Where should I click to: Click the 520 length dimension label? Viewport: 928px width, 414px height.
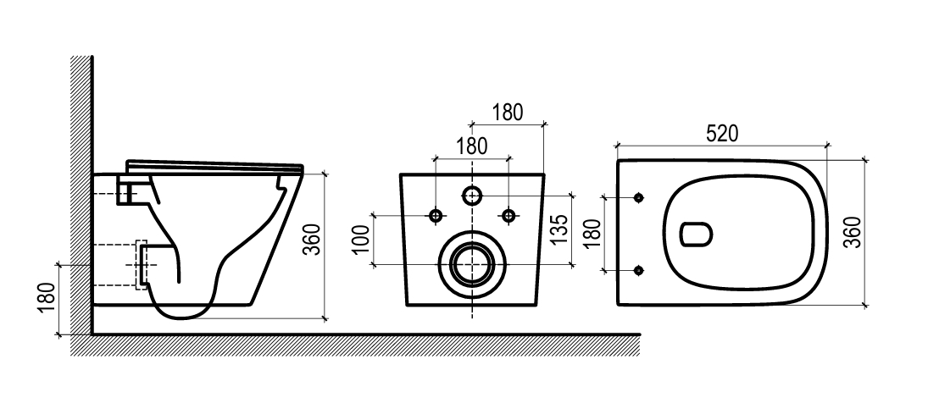(722, 134)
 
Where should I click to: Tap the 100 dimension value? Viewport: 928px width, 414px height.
(364, 239)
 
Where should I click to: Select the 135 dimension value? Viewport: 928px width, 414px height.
(560, 229)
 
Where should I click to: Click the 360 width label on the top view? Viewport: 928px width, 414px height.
(853, 233)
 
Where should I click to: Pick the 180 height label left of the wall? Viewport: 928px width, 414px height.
(47, 298)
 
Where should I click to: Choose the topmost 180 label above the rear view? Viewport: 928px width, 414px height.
(507, 112)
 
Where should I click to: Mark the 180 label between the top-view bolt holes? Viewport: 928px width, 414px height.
(592, 233)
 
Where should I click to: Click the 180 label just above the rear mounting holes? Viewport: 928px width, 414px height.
(472, 146)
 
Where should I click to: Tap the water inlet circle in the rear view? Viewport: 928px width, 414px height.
(472, 195)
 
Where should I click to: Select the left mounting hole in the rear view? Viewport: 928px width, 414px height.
(436, 216)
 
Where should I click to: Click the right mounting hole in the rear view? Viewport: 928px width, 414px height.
(508, 216)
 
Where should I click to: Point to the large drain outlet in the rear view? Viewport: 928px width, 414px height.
(472, 264)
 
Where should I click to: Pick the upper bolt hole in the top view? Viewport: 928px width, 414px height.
(638, 197)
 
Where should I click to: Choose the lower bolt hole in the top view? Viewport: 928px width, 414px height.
(638, 270)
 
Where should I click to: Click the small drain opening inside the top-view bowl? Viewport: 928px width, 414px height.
(696, 235)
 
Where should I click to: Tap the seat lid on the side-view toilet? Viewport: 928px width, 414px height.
(214, 166)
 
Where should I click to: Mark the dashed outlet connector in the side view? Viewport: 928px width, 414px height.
(142, 264)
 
